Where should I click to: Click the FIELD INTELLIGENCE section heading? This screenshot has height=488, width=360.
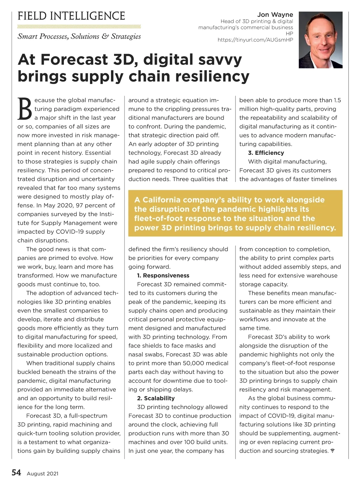click(71, 16)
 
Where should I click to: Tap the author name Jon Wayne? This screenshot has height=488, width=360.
click(275, 15)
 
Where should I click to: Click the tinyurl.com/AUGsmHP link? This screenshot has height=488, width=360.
click(255, 40)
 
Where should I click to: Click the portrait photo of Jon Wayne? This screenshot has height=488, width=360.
click(320, 40)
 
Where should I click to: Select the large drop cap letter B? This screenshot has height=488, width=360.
click(25, 109)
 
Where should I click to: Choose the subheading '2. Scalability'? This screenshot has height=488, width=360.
click(156, 398)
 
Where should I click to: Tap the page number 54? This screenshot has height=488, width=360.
click(16, 473)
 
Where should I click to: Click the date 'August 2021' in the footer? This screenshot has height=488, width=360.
click(43, 474)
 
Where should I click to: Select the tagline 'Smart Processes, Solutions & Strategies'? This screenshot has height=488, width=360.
click(79, 36)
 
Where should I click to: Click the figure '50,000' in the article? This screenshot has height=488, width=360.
click(193, 363)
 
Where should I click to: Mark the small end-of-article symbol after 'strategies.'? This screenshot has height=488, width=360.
click(332, 451)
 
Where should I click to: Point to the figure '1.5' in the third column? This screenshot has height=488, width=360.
click(337, 100)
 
